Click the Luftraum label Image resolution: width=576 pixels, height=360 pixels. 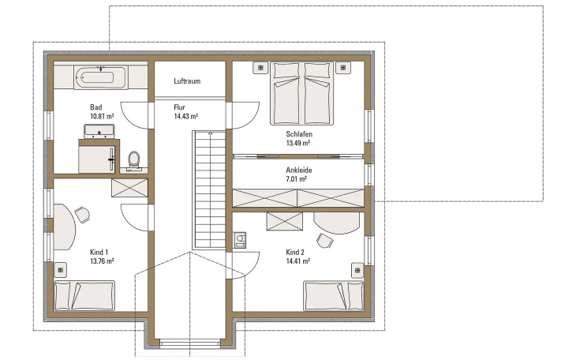pyautogui.click(x=187, y=81)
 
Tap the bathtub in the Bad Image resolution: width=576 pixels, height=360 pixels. pyautogui.click(x=101, y=77)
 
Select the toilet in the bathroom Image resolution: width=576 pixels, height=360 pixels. pyautogui.click(x=133, y=161)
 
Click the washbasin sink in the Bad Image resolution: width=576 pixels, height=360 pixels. pyautogui.click(x=99, y=131)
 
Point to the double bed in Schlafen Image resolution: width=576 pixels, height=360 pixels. pyautogui.click(x=301, y=94)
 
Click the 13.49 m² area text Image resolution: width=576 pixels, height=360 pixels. pyautogui.click(x=298, y=143)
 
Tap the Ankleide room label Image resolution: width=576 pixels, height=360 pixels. pyautogui.click(x=299, y=171)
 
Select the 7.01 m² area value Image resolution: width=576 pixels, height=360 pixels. pyautogui.click(x=296, y=179)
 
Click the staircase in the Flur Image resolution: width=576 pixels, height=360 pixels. pyautogui.click(x=209, y=190)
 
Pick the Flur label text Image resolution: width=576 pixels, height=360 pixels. pyautogui.click(x=179, y=107)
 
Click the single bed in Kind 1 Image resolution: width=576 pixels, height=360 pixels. pyautogui.click(x=84, y=295)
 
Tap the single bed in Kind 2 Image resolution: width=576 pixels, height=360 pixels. pyautogui.click(x=334, y=295)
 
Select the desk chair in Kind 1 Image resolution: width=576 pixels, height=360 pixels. pyautogui.click(x=82, y=215)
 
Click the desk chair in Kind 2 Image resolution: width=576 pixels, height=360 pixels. pyautogui.click(x=325, y=240)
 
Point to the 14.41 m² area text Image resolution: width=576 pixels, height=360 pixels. pyautogui.click(x=298, y=261)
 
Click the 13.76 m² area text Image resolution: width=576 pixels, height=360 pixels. pyautogui.click(x=102, y=261)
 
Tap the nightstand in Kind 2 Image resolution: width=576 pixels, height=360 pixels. pyautogui.click(x=357, y=270)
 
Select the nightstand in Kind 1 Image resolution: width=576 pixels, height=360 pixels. pyautogui.click(x=61, y=270)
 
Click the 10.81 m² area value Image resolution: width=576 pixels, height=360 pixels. pyautogui.click(x=102, y=116)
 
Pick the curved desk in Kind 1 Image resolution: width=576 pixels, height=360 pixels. pyautogui.click(x=64, y=227)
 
